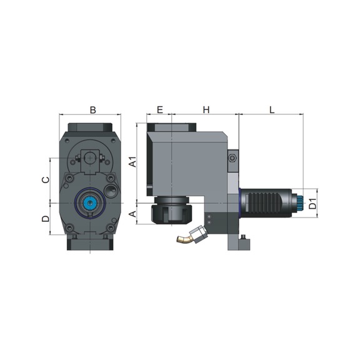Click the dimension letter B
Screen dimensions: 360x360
pos(92,110)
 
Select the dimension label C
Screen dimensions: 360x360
pos(44,179)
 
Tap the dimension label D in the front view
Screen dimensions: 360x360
pos(44,219)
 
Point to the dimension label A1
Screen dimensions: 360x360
pos(132,163)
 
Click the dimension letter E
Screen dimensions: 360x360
pos(159,110)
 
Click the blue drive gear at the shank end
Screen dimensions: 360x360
pos(300,202)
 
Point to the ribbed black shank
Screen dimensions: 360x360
pos(266,202)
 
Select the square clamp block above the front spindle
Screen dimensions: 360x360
pos(91,157)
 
